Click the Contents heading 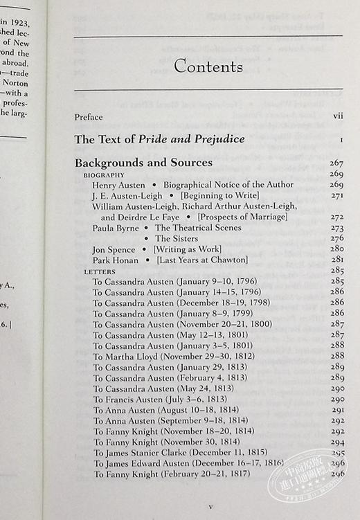(x=208, y=67)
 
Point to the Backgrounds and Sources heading (x=143, y=163)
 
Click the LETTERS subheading (x=99, y=271)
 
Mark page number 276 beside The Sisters (x=336, y=238)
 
